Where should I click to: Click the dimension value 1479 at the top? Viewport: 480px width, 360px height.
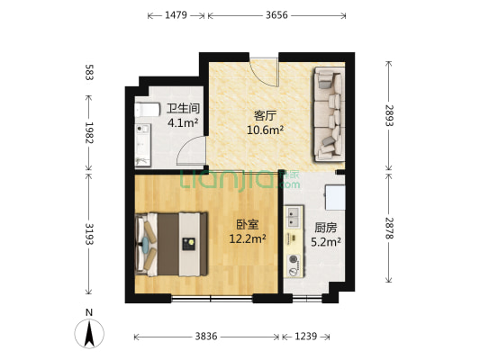(x=176, y=15)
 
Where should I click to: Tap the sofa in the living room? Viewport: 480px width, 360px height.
(x=327, y=112)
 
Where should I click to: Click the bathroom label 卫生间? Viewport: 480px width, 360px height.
(x=183, y=109)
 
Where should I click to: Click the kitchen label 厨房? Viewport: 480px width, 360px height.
(x=325, y=228)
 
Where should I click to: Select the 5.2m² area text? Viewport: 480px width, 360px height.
(x=325, y=241)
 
